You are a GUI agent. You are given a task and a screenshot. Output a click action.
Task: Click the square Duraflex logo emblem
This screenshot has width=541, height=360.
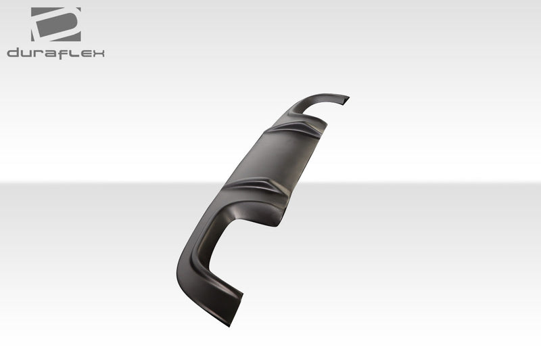click(55, 24)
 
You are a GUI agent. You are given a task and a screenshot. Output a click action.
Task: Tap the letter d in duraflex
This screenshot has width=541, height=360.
click(13, 53)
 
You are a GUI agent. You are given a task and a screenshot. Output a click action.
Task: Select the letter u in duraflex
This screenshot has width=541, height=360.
click(25, 53)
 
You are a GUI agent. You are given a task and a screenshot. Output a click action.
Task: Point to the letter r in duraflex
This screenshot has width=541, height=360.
click(37, 53)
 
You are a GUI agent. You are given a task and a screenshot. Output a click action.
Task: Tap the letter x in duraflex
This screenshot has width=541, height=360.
click(97, 53)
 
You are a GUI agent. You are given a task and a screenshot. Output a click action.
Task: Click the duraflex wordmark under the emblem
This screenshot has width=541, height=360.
click(55, 53)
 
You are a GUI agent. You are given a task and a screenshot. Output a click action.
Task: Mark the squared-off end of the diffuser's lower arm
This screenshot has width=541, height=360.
click(230, 308)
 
